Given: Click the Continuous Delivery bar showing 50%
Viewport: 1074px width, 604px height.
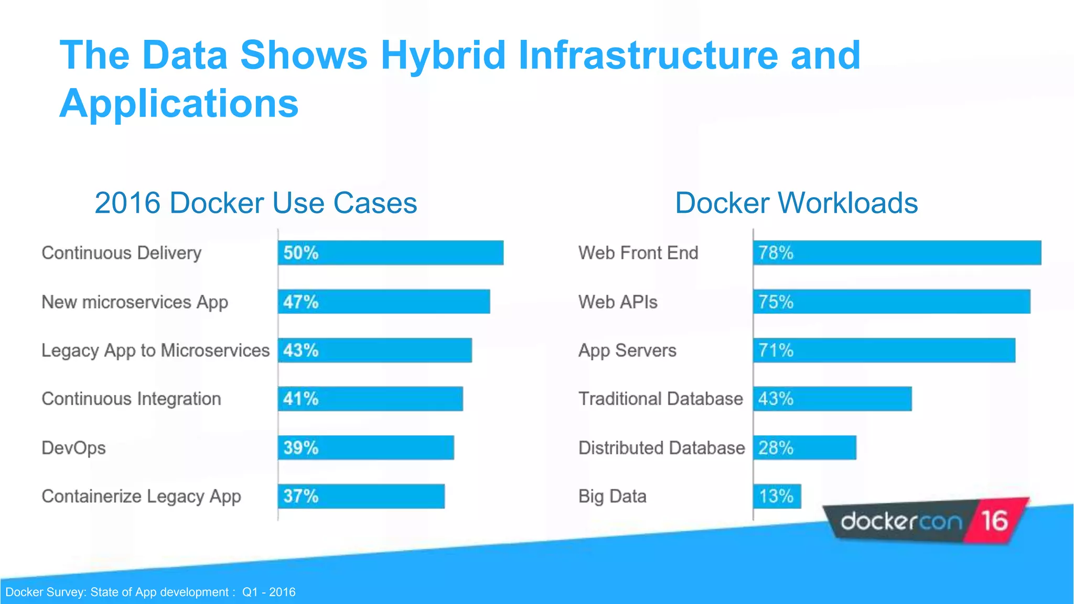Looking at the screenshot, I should point(391,253).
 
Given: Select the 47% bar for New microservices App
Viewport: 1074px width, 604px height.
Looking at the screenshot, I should point(384,301).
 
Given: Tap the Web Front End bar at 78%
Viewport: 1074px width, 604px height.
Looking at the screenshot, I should point(897,253).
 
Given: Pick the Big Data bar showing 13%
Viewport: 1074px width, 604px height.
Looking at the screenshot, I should point(777,496).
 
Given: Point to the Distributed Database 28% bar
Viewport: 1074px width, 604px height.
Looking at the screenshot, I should point(804,448).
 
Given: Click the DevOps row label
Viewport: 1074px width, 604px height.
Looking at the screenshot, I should point(73,448).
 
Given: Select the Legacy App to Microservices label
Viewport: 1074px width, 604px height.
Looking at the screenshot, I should point(155,350).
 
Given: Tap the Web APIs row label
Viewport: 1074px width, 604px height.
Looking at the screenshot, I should point(618,302).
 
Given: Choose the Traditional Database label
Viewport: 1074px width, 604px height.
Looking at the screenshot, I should point(660,399).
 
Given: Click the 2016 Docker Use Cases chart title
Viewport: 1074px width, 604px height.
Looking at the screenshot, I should point(256,203).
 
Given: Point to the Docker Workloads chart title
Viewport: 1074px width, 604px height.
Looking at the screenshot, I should point(796,203).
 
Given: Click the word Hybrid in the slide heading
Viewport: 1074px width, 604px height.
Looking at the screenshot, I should point(443,55).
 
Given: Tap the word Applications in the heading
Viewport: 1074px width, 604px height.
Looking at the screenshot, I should point(179,103).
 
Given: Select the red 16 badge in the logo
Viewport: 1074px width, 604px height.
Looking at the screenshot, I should point(994,521).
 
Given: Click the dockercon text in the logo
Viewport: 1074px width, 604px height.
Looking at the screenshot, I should point(901,522).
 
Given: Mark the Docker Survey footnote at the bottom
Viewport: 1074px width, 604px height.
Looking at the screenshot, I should point(151,592).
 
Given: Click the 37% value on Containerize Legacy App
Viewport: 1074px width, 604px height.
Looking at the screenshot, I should point(300,496).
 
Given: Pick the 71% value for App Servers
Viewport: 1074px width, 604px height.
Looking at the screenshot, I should point(776,350).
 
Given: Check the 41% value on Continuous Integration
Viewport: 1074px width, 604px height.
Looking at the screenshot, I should point(300,399).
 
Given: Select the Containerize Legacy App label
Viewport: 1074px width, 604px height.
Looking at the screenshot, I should point(141,497).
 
